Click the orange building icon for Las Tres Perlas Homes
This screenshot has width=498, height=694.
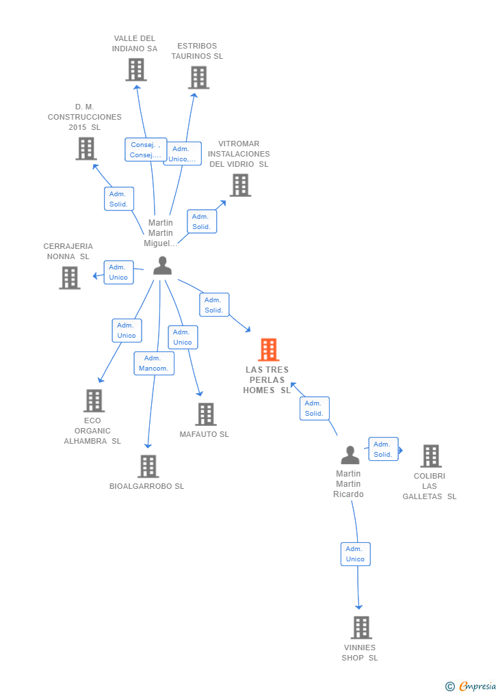[x=268, y=349]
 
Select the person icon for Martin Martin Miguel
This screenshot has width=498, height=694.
[x=162, y=265]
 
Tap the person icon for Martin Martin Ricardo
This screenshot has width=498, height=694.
[x=350, y=455]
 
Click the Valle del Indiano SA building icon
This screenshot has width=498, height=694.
[x=136, y=70]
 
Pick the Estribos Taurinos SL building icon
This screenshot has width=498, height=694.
[x=199, y=77]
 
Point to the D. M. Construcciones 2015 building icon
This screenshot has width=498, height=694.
[x=86, y=149]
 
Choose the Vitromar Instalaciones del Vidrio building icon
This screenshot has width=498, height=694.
[x=240, y=185]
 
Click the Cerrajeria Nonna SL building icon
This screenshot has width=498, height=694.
[x=70, y=278]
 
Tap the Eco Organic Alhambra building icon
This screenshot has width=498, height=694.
[x=94, y=401]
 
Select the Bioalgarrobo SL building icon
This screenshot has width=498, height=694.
[x=148, y=466]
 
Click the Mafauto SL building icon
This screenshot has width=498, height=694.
[x=206, y=414]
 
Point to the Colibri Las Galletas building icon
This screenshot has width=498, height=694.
[x=431, y=456]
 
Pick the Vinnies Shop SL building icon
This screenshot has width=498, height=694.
[x=361, y=628]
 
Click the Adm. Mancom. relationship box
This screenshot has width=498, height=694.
[x=154, y=363]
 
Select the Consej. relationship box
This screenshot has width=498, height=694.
[x=146, y=150]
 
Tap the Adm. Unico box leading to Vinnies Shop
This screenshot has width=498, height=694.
[x=356, y=554]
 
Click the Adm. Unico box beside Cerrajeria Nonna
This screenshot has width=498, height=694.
[x=118, y=272]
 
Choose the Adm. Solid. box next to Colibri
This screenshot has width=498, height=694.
[x=383, y=449]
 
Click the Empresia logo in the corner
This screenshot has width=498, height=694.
[x=471, y=686]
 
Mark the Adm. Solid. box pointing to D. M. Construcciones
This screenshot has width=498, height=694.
[x=118, y=199]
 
